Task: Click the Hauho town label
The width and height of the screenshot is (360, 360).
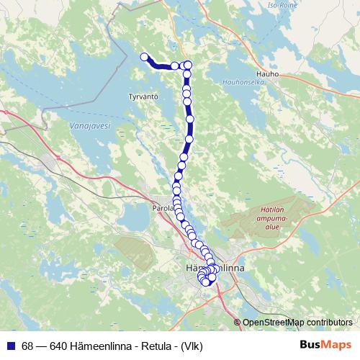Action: (x=266, y=73)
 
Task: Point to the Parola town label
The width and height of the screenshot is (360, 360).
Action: (x=163, y=207)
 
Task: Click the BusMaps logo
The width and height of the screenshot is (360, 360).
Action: (x=326, y=345)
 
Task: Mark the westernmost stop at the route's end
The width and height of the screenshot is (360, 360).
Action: (x=144, y=57)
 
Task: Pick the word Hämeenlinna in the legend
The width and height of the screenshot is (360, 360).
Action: (x=99, y=345)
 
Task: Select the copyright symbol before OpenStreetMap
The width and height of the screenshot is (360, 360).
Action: (x=238, y=323)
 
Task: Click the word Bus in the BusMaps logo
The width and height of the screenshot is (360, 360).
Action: (x=312, y=345)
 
